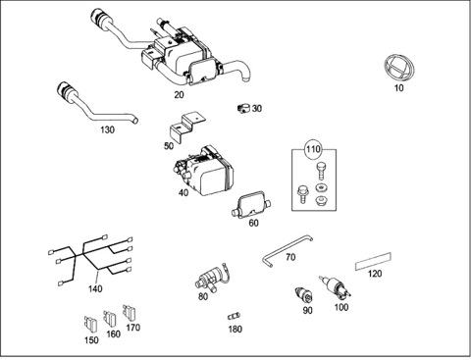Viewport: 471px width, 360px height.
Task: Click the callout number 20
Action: tap(179, 94)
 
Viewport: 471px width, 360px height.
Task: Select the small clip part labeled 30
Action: tap(242, 109)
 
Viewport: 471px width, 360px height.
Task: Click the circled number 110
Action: tap(312, 150)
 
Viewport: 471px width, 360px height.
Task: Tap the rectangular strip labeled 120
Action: tap(374, 265)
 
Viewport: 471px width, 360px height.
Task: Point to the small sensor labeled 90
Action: tap(305, 292)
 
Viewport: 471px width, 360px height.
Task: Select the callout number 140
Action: tap(94, 289)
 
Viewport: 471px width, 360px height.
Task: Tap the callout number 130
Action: tap(106, 129)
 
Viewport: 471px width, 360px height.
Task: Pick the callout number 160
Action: tap(113, 334)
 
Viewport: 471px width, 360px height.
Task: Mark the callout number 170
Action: tap(132, 327)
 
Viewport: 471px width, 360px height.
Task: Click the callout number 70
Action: tap(290, 258)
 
